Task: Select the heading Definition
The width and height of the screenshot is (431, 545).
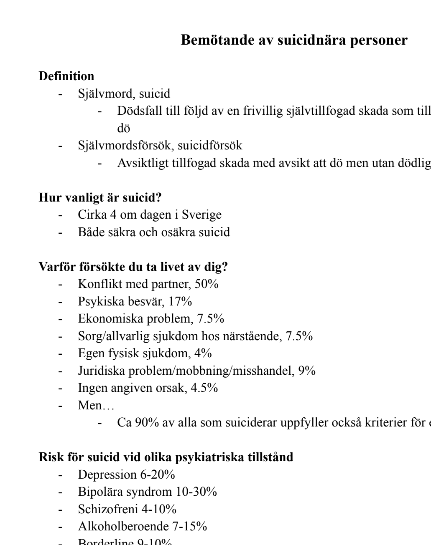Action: click(66, 76)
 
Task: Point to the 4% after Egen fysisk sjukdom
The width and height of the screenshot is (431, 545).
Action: click(203, 353)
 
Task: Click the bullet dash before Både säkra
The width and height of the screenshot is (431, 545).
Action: click(61, 232)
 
